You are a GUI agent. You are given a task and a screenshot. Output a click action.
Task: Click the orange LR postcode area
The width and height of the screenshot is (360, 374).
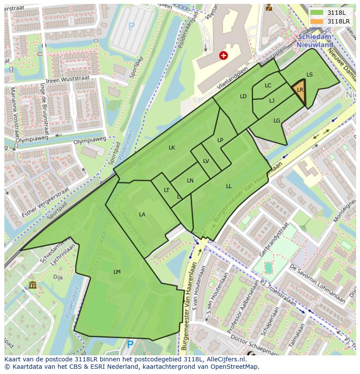coord(300,91)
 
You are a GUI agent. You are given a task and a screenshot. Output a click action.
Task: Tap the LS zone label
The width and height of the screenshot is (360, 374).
coord(310,74)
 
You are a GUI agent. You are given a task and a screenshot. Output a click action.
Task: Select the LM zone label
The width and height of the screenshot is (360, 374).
coord(117,271)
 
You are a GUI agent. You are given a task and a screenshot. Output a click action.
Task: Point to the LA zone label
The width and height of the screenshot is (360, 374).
coord(142,214)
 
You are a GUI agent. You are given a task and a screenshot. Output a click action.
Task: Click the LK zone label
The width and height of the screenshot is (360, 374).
coord(172,148)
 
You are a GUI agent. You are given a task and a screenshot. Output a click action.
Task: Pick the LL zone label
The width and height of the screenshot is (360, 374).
coord(229,186)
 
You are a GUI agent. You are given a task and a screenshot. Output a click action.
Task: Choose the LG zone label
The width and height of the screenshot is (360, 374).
coord(277,120)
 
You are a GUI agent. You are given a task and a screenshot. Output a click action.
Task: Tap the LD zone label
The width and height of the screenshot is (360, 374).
coord(243,96)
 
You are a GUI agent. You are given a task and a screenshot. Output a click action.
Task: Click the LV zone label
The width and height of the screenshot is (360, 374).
coord(206,161)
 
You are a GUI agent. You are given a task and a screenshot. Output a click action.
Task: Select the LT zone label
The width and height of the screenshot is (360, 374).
coord(167,190)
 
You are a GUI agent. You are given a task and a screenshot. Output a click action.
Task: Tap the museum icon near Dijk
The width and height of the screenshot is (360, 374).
coord(33,285)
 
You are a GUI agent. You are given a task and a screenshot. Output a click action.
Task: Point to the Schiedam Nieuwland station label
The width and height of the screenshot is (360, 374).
coord(315,41)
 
